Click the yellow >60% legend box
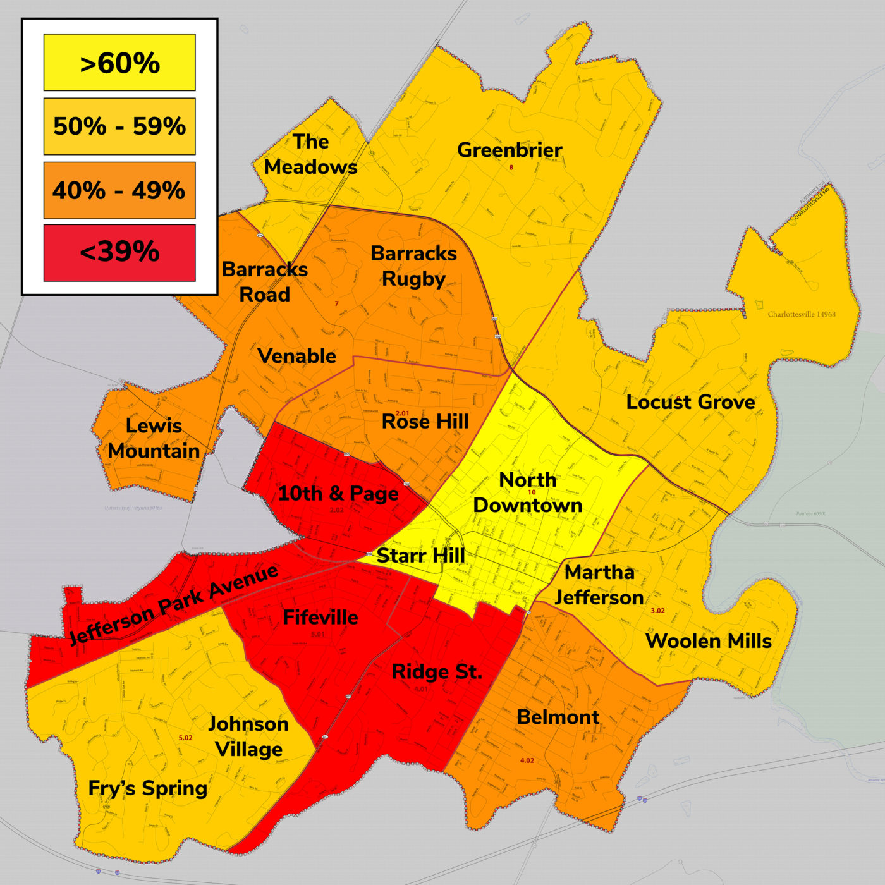coord(119,63)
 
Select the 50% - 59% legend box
coord(119,126)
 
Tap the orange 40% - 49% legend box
coord(119,190)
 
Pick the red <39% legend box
coord(119,252)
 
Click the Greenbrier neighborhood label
coord(510,150)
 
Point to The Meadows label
coord(310,154)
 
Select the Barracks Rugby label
coord(413,265)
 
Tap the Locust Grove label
coord(690,402)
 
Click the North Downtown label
coord(527,492)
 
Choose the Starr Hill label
coord(420,556)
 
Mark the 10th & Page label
coord(338,493)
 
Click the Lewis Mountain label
coord(154,438)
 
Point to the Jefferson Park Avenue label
coord(174,604)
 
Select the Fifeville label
coord(320,617)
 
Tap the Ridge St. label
coord(437,671)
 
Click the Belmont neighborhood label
coord(558,717)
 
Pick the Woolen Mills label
coord(709,641)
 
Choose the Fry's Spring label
coord(148,788)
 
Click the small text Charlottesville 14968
coord(802,314)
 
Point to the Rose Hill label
coord(425,422)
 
